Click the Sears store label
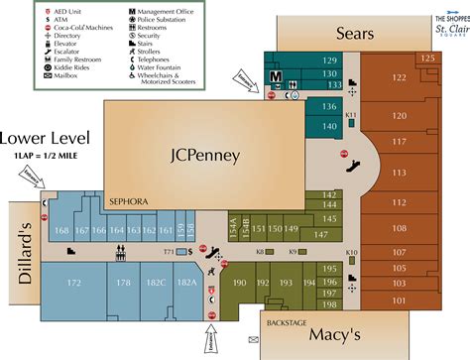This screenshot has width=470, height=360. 354,33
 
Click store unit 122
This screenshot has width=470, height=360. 400,77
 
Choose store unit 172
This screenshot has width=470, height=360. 72,284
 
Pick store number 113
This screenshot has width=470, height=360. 401,173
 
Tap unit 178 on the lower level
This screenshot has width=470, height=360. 123,284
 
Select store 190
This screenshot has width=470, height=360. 239,284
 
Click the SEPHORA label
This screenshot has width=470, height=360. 128,201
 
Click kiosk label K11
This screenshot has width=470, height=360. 351,116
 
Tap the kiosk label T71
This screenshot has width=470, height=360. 169,252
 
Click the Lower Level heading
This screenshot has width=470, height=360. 46,138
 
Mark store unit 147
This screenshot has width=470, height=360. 321,234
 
